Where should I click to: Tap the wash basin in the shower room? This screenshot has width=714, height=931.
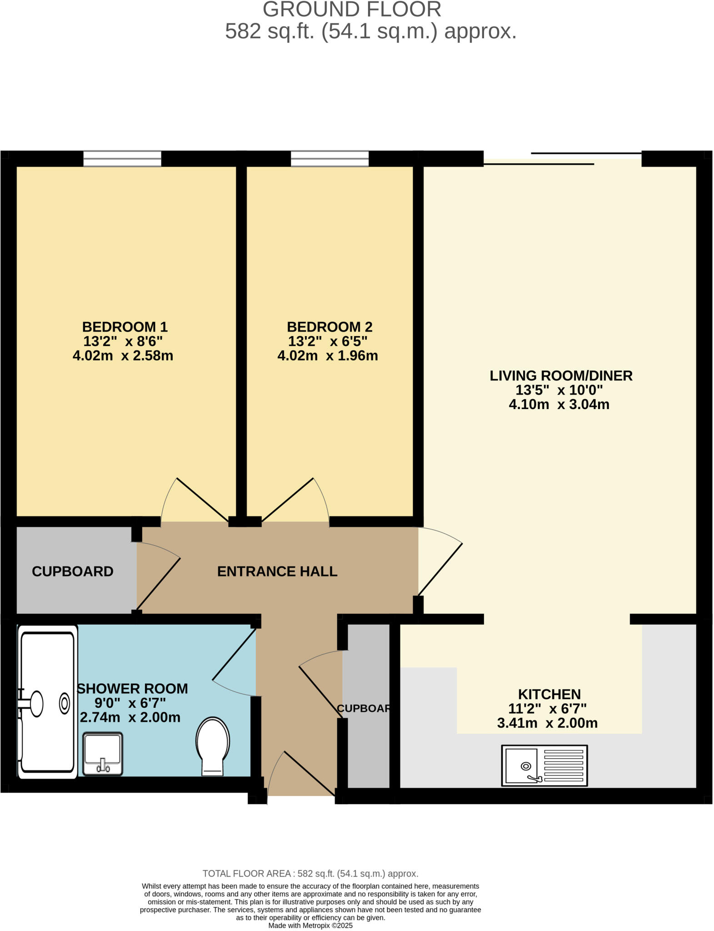[x=103, y=753]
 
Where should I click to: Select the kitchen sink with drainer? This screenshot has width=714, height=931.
[x=544, y=765]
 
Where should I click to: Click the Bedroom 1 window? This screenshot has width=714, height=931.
[x=122, y=159]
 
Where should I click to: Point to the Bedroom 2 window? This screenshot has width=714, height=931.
[x=330, y=159]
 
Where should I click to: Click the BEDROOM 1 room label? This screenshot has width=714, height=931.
[x=125, y=327]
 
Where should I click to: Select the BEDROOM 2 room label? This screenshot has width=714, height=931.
[x=330, y=327]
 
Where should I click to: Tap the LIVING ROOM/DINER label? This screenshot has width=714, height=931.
[x=561, y=375]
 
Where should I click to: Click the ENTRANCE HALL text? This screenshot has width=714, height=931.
[x=277, y=571]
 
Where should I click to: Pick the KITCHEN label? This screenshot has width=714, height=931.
[x=549, y=694]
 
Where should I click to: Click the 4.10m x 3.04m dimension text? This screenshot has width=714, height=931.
[x=559, y=404]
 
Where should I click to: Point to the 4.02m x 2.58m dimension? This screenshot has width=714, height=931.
[x=123, y=355]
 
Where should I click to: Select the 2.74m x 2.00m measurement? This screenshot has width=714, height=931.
[x=130, y=717]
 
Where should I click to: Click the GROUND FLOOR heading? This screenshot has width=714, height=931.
[x=352, y=10]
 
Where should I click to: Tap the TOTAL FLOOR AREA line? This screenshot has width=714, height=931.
[x=310, y=873]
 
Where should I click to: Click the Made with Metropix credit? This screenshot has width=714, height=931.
[x=310, y=926]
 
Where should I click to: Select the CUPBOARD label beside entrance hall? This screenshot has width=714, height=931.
[x=72, y=571]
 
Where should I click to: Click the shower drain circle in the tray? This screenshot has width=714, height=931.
[x=65, y=704]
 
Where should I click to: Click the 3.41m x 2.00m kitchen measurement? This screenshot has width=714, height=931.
[x=547, y=723]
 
